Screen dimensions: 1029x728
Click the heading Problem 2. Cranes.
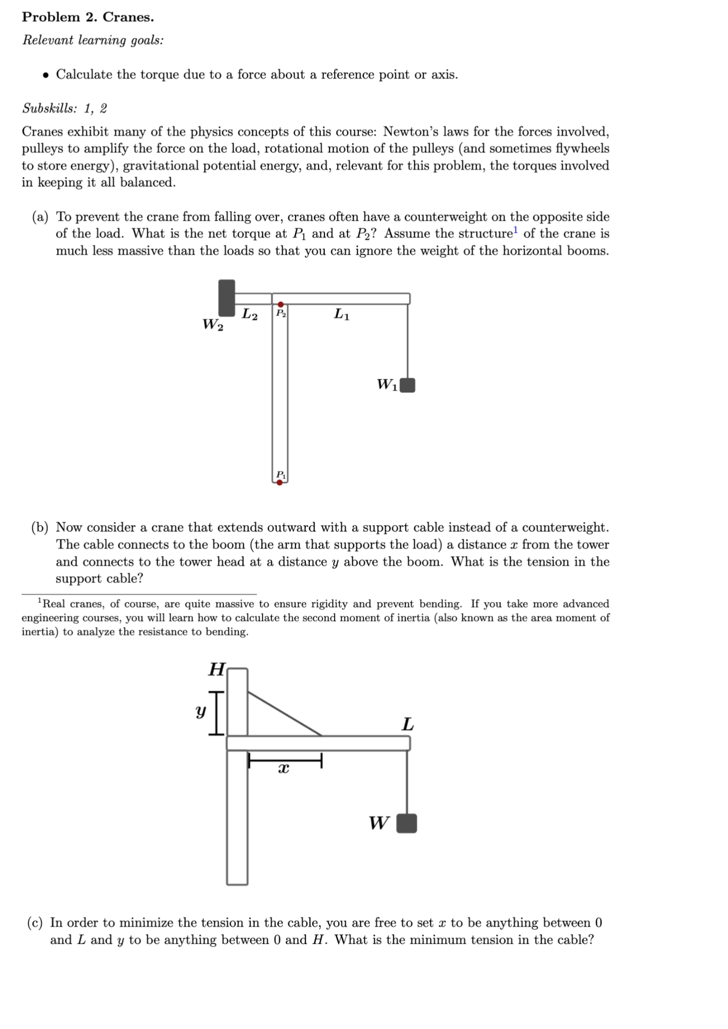pyautogui.click(x=88, y=17)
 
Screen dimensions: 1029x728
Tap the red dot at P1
pyautogui.click(x=280, y=483)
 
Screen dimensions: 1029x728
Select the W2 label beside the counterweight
pyautogui.click(x=213, y=325)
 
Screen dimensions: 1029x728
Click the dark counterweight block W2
pyautogui.click(x=227, y=298)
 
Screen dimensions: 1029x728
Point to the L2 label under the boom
pyautogui.click(x=250, y=313)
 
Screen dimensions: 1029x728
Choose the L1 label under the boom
pyautogui.click(x=341, y=313)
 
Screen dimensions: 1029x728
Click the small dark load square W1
pyautogui.click(x=407, y=385)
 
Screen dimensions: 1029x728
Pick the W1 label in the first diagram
pyautogui.click(x=387, y=384)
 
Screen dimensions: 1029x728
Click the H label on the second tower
pyautogui.click(x=217, y=669)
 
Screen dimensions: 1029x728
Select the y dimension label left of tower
pyautogui.click(x=200, y=712)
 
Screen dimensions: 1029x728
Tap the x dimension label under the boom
pyautogui.click(x=283, y=769)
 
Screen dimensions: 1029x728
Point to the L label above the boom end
pyautogui.click(x=407, y=724)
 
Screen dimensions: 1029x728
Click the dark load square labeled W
pyautogui.click(x=407, y=823)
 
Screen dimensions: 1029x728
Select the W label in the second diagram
pyautogui.click(x=379, y=823)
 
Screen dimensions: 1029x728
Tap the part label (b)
pyautogui.click(x=40, y=527)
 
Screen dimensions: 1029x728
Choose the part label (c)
pyautogui.click(x=35, y=922)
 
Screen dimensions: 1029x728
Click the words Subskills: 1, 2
pyautogui.click(x=64, y=109)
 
